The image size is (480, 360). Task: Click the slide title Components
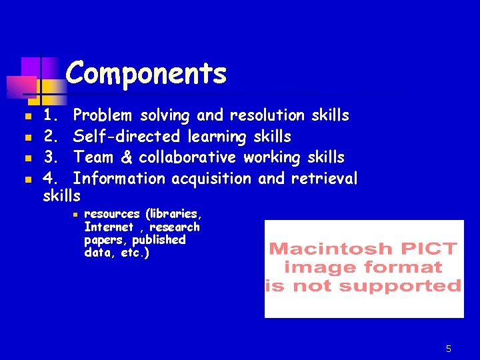(x=147, y=73)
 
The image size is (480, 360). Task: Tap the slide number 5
(x=449, y=349)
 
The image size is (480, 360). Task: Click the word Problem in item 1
(x=102, y=115)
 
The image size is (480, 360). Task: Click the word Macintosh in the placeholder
(x=329, y=249)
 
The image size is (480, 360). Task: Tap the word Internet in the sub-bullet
(x=109, y=227)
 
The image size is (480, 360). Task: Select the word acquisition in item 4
(x=211, y=179)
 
